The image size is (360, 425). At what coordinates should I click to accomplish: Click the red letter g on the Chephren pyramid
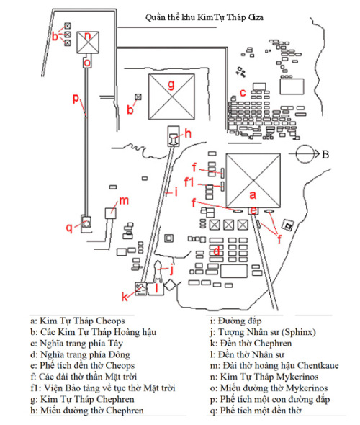[171, 85]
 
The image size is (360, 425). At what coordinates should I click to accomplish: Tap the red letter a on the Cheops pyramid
[252, 194]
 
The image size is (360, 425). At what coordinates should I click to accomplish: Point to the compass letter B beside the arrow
[325, 153]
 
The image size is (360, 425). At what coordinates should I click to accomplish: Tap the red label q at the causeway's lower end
[70, 228]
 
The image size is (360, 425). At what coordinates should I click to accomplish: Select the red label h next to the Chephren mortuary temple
[187, 133]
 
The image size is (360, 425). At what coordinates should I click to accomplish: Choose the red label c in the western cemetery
[243, 91]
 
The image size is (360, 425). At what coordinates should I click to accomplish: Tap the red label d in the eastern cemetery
[216, 251]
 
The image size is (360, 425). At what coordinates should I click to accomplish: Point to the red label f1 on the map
[191, 182]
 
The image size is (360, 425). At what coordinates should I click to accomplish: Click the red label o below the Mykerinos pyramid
[87, 63]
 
